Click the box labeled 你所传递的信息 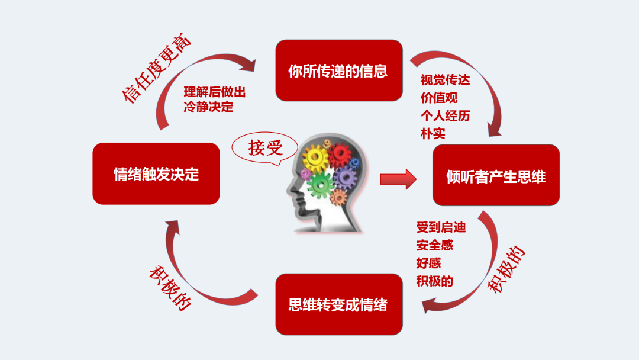(x=339, y=70)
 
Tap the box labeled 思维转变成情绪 (x=339, y=304)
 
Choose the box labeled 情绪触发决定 (x=156, y=174)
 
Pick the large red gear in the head (x=340, y=155)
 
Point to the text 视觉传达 (x=445, y=80)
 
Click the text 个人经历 (x=445, y=115)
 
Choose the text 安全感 (x=434, y=245)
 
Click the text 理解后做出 (x=214, y=92)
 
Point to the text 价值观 (x=439, y=98)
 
